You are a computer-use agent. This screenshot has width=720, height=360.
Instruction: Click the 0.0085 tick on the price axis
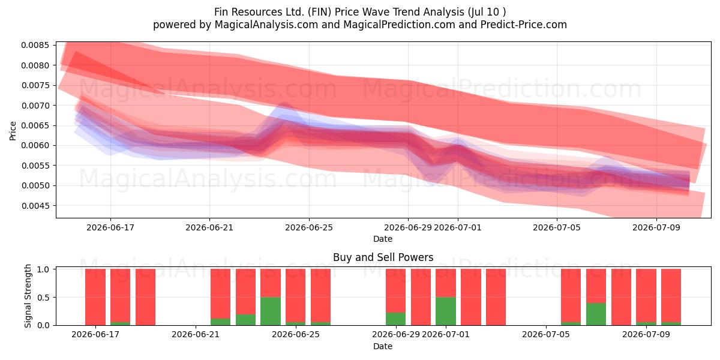point(35,46)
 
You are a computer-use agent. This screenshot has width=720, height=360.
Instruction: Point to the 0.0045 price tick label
point(35,206)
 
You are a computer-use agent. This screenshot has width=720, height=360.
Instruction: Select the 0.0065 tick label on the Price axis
point(35,125)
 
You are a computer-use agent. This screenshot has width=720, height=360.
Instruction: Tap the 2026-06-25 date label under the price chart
point(309,227)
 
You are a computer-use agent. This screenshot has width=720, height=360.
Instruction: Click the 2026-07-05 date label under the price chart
point(557,227)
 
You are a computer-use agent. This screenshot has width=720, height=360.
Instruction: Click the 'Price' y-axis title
point(13,131)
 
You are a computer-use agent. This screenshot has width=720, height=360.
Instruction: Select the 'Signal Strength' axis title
point(28,296)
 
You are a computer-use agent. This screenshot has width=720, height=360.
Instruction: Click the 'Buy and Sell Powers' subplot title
point(383,257)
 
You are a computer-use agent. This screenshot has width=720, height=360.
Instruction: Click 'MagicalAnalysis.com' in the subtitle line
point(266,25)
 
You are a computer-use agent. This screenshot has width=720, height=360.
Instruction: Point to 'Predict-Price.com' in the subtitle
point(524,25)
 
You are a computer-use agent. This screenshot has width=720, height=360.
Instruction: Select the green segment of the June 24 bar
point(271,311)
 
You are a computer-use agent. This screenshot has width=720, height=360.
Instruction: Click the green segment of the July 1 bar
point(445,311)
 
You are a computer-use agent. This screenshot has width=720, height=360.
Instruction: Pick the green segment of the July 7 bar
point(596,314)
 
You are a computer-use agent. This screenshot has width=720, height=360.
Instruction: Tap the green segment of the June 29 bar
point(395,319)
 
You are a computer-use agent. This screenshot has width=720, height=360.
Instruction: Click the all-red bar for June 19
point(145,297)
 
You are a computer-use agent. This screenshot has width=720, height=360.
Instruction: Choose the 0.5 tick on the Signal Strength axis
point(43,298)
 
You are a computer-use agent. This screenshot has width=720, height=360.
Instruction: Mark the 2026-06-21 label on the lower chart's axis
point(196,334)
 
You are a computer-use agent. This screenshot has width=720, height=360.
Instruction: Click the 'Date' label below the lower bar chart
point(383,347)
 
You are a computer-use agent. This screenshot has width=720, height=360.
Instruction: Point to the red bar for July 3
point(496,297)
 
